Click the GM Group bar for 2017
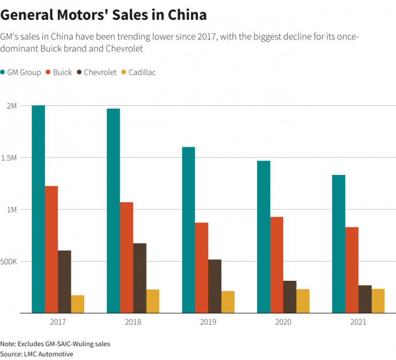(x=38, y=209)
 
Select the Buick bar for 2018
(x=126, y=257)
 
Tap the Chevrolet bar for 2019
(x=215, y=286)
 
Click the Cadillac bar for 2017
(x=78, y=304)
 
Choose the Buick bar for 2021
(x=352, y=270)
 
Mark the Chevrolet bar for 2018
(x=140, y=278)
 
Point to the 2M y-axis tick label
(x=11, y=106)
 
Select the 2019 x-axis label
(x=208, y=323)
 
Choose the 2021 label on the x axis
(x=359, y=323)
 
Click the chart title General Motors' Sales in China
(x=103, y=14)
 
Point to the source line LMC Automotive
(x=36, y=354)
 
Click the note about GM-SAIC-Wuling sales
(x=55, y=344)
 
